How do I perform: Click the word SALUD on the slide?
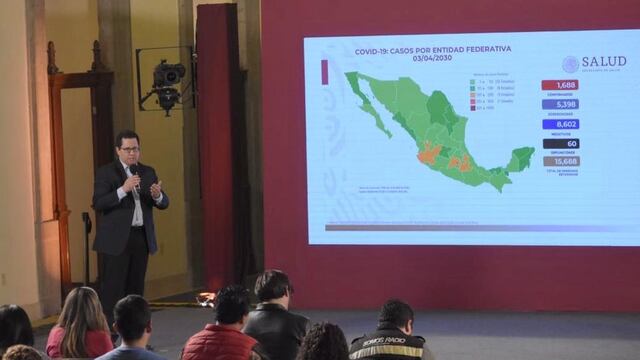603,62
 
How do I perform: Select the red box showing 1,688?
560,85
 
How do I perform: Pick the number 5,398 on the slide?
560,104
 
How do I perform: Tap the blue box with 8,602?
560,124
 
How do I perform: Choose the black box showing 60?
560,143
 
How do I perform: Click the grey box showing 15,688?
560,161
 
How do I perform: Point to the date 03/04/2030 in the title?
433,59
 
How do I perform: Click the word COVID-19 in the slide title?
374,50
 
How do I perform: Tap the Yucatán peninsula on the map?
519,158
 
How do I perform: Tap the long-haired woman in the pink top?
80,325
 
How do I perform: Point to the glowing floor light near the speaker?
206,298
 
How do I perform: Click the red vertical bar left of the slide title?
324,71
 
